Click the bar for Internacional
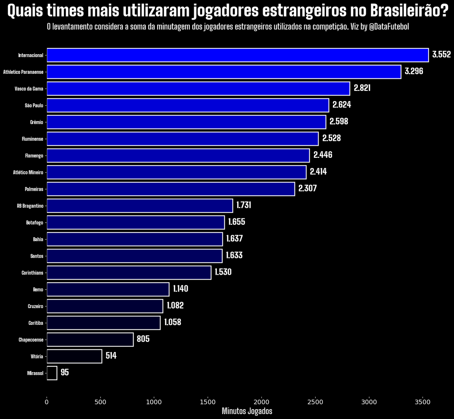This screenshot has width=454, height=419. pos(238,55)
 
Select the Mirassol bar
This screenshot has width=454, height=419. pos(52,373)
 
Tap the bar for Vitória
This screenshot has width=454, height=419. pos(74,357)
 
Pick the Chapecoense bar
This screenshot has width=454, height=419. pos(90,340)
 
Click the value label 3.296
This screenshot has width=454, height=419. pos(414,72)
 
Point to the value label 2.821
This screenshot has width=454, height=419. pos(362,88)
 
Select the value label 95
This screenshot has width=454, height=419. pos(65,372)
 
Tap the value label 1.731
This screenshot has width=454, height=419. pos(244,205)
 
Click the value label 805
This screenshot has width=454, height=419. pos(143,339)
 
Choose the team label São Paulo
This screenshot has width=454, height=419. pos(34,106)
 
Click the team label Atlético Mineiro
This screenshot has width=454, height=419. pos(28,173)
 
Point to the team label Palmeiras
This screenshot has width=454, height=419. pos(34,189)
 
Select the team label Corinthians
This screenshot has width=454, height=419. pos(33,273)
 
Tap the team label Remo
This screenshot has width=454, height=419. pos(38,290)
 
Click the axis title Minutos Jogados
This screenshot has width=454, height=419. pos(247,411)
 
